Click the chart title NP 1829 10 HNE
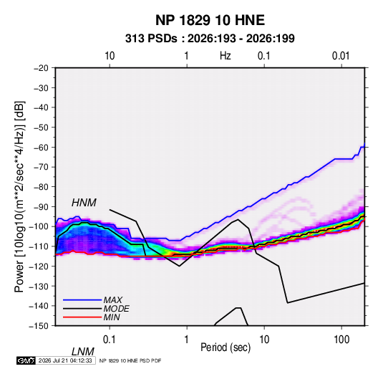tap(210, 20)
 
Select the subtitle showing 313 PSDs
tap(210, 39)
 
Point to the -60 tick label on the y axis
tap(41, 147)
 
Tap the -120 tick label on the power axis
tap(39, 266)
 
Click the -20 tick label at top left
tap(41, 68)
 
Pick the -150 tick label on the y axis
tap(39, 326)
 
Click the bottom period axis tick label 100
tap(341, 340)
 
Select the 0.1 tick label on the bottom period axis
tap(110, 340)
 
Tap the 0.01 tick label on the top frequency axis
tap(341, 56)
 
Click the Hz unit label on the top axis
tap(226, 56)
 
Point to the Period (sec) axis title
tap(226, 347)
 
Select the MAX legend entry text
tap(112, 300)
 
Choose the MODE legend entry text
tap(116, 309)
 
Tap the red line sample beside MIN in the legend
tap(82, 317)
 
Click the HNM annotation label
tap(84, 203)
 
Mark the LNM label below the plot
tap(82, 352)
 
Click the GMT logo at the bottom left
tap(26, 360)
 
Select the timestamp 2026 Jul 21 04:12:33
tap(65, 360)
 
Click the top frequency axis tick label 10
tap(110, 56)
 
